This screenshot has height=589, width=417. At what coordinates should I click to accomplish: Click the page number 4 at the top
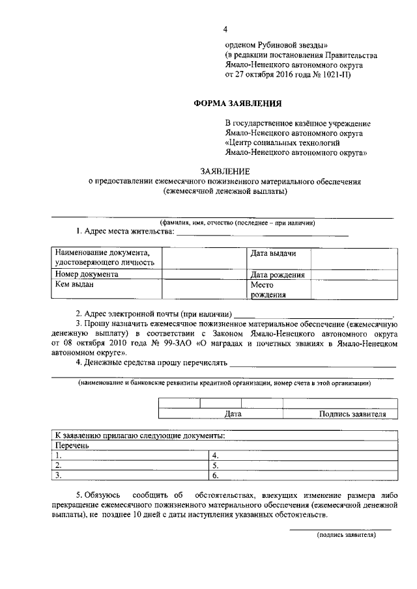tap(225, 29)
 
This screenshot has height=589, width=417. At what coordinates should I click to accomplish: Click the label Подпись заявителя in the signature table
tap(352, 413)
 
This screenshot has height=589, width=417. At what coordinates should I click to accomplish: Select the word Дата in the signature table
tap(233, 413)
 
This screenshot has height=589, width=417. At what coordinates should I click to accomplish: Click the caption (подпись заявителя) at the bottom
tap(346, 534)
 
